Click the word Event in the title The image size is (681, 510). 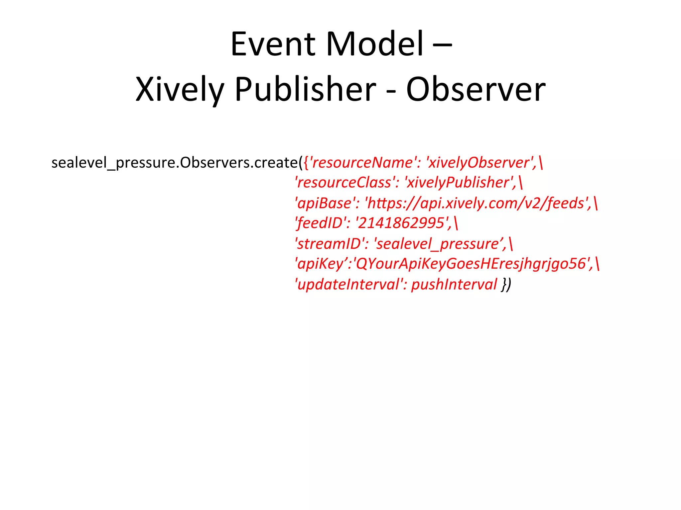coord(273,44)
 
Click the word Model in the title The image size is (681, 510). coord(375,44)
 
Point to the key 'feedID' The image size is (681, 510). coord(320,223)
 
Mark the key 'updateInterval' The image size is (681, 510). coord(349,285)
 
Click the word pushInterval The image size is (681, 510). coord(454,285)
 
